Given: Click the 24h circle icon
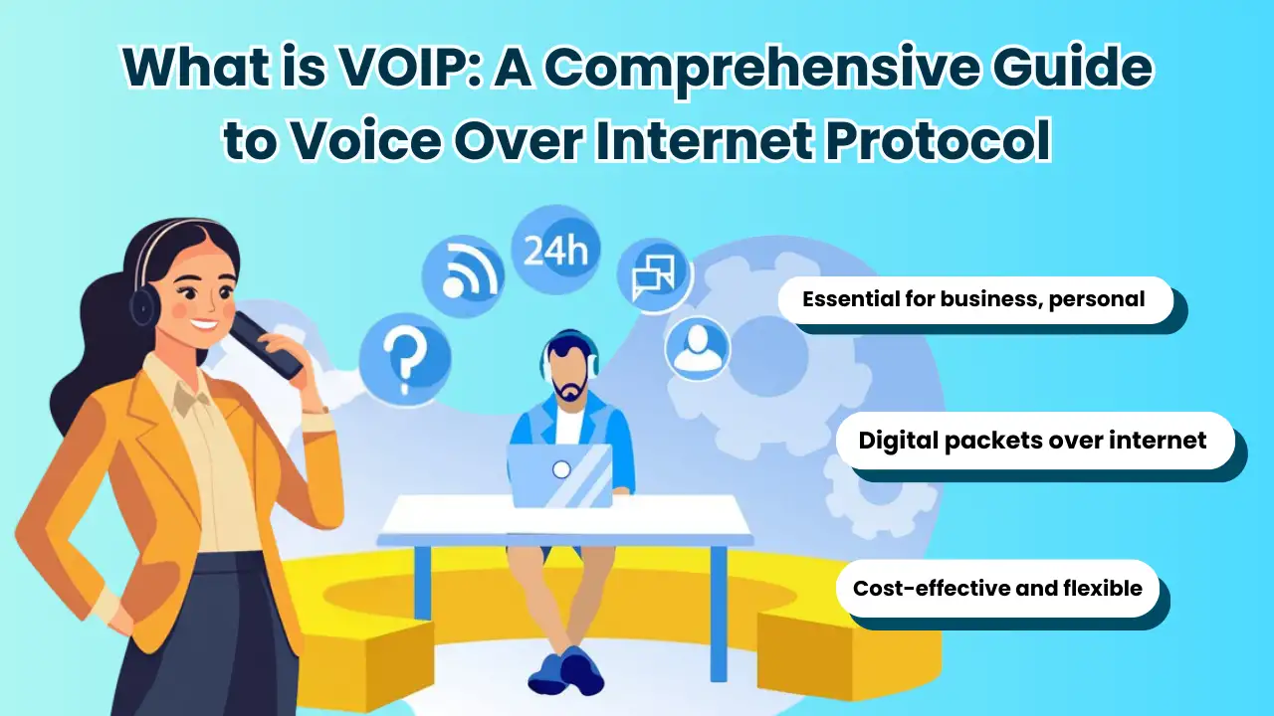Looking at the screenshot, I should coord(554,250).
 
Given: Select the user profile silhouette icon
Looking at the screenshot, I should coord(696,348).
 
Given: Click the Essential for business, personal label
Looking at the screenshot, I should coord(973,299).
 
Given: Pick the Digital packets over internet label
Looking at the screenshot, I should coord(1032,440).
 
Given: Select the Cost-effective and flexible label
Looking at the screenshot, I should coord(996,588).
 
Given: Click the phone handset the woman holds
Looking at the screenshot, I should coord(267,344).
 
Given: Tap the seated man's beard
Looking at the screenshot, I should coord(569,389).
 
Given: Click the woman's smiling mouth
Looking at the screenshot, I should coord(206,322).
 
